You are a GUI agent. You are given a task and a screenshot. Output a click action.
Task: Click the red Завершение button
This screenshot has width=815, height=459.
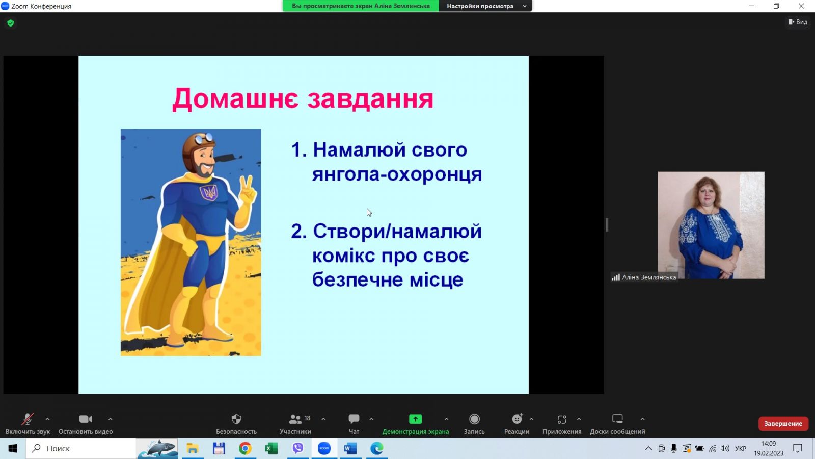[783, 424]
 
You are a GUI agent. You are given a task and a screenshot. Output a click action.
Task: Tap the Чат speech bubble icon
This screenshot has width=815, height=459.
[354, 419]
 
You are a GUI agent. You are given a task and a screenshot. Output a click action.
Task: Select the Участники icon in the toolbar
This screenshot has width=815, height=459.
[295, 419]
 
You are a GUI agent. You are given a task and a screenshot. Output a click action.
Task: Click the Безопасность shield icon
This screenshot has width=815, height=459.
[236, 419]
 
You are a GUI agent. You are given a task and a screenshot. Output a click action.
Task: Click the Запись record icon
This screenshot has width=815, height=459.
[474, 419]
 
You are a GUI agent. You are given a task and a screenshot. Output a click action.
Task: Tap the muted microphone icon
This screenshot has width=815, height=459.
[28, 419]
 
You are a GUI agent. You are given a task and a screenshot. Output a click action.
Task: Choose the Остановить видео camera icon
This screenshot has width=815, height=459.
[86, 419]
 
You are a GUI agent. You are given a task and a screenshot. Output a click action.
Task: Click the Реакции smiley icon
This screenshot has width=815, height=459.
[517, 419]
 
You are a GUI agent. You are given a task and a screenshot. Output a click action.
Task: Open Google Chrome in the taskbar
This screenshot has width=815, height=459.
[245, 448]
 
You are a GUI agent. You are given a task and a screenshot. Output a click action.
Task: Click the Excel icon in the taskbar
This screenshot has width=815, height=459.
[271, 448]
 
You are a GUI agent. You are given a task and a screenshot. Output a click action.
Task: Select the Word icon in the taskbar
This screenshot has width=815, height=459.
[350, 448]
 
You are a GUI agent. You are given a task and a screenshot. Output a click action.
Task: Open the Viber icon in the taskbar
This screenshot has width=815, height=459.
[297, 448]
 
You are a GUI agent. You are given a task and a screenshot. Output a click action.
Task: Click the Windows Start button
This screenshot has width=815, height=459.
[13, 448]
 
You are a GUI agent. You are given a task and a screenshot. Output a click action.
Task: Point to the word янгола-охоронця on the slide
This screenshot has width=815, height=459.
[397, 174]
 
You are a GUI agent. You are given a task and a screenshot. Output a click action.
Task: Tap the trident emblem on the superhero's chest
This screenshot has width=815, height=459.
[209, 192]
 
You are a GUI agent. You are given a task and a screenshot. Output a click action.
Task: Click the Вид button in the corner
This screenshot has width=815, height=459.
[798, 22]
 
